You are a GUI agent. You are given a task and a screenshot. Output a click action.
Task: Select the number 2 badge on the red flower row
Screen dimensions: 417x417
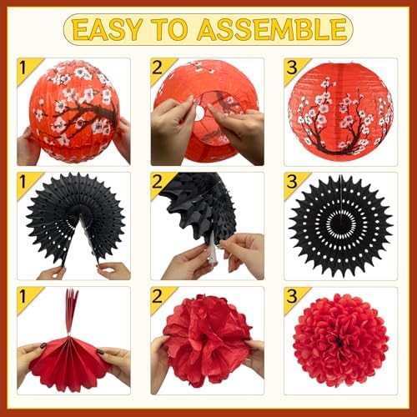click(161, 297)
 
